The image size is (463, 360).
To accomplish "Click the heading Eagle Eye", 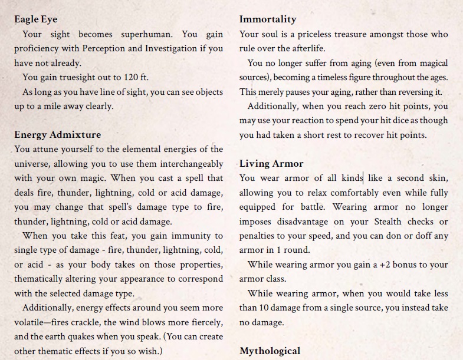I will (x=35, y=19).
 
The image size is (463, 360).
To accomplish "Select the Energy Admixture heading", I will (x=57, y=135).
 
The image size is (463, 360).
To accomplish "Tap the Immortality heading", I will (x=268, y=19).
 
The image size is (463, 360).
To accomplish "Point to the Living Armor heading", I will (x=271, y=163).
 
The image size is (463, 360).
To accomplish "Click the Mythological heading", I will (x=270, y=351).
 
